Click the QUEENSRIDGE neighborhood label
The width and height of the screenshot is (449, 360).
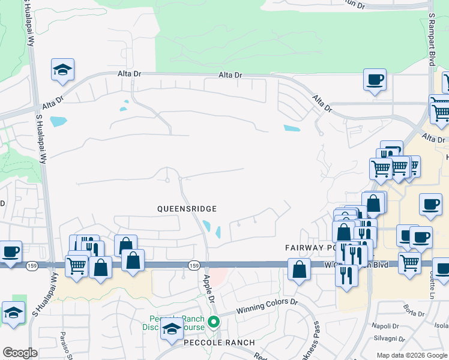point(187,208)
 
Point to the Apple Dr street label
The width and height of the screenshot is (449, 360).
point(209,288)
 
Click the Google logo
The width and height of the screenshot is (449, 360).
point(20,353)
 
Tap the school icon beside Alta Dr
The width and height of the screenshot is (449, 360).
point(62,70)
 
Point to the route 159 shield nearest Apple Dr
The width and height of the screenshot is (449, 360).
point(193,265)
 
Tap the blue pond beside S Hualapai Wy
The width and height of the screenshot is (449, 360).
point(58,121)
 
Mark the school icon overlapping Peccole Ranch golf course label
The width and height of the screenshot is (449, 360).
point(172,329)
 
